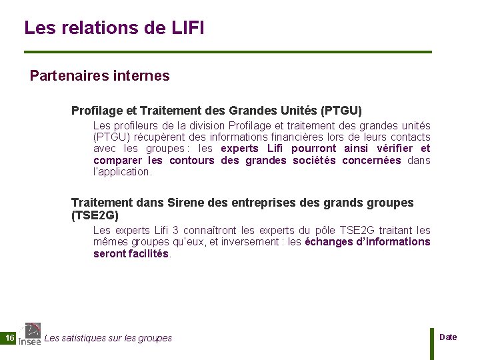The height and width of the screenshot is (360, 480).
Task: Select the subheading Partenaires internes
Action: [100, 76]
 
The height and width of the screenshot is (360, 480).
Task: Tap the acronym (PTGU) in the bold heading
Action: [341, 110]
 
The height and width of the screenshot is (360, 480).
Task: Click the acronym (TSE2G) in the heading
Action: [95, 215]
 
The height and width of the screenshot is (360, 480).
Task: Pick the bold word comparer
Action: [117, 160]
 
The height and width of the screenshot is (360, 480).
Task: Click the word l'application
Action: [123, 172]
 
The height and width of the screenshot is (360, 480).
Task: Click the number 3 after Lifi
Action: [175, 231]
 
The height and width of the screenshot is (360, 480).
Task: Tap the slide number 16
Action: [9, 339]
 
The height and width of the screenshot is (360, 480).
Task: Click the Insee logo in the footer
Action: [30, 334]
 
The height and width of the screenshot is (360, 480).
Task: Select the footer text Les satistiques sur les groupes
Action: [108, 339]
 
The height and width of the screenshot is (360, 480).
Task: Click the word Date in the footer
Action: [449, 337]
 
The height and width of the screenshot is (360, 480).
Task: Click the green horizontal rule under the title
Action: [227, 52]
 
